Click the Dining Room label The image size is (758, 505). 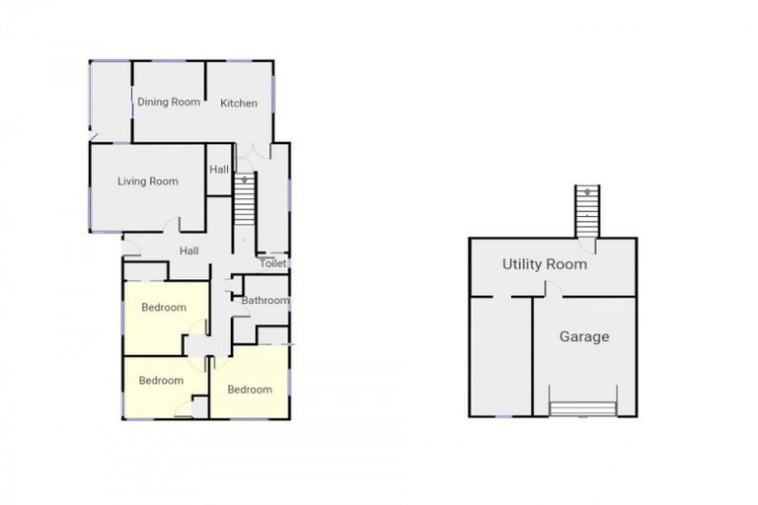pyautogui.click(x=168, y=102)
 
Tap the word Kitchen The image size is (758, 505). pyautogui.click(x=239, y=103)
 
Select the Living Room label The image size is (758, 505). pyautogui.click(x=148, y=181)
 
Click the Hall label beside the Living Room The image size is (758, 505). pyautogui.click(x=219, y=170)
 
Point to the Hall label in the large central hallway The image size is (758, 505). pyautogui.click(x=189, y=251)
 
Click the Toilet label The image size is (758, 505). pyautogui.click(x=272, y=263)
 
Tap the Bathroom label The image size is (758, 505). pyautogui.click(x=265, y=301)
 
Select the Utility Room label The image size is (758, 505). pyautogui.click(x=545, y=264)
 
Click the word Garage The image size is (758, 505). pyautogui.click(x=584, y=336)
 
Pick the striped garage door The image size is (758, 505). pyautogui.click(x=583, y=409)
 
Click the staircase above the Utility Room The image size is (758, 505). pyautogui.click(x=588, y=209)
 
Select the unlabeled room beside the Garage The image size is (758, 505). pyautogui.click(x=501, y=355)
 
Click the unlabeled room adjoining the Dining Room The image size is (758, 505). pyautogui.click(x=111, y=99)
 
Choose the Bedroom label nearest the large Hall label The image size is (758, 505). pyautogui.click(x=164, y=308)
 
